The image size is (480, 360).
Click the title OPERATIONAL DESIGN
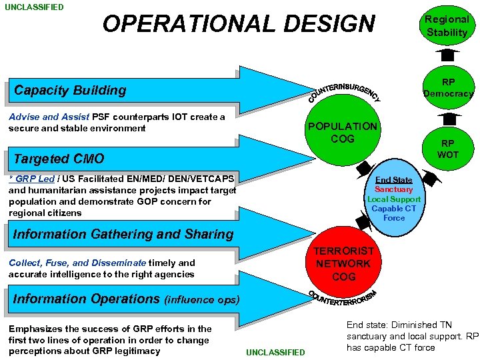tap(239, 24)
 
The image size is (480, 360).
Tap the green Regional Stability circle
tap(447, 26)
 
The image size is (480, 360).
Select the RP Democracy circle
tap(448, 87)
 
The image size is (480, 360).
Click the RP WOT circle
tap(447, 149)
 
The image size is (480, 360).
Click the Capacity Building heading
tap(70, 90)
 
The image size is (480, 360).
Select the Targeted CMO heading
tap(59, 159)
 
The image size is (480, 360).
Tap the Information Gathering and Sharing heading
tap(123, 234)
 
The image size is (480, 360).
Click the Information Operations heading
tap(126, 299)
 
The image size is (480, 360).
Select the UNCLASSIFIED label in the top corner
tap(34, 7)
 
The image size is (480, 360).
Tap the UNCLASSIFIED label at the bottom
tap(275, 352)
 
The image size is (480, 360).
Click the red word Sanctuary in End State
tap(393, 189)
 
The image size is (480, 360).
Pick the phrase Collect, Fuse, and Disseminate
tap(77, 263)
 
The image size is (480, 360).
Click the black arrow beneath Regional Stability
tap(447, 51)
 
